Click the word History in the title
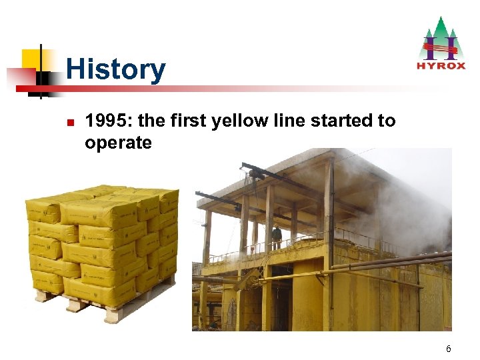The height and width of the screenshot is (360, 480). (x=115, y=69)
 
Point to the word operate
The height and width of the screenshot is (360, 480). (x=118, y=143)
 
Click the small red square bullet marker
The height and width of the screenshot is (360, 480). (x=69, y=123)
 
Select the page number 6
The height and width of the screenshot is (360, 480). (x=449, y=349)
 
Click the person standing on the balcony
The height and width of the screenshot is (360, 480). (x=277, y=237)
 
